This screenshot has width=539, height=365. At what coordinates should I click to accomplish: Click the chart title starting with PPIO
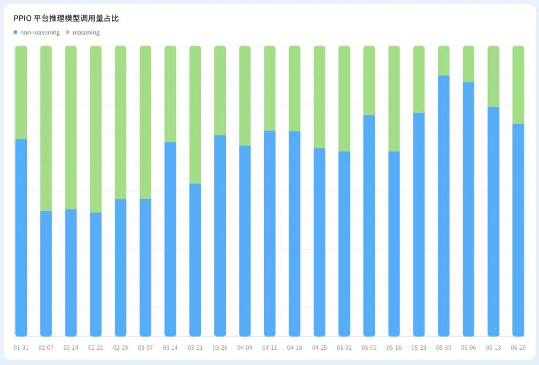(x=66, y=18)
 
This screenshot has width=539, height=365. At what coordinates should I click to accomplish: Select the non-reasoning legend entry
(x=39, y=33)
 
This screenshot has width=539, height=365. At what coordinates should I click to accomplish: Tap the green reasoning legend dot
(x=67, y=33)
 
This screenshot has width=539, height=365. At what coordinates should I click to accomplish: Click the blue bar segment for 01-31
(x=21, y=237)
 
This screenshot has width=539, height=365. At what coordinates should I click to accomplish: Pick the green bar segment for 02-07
(x=46, y=128)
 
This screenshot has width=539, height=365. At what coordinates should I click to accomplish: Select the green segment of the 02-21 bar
(x=96, y=129)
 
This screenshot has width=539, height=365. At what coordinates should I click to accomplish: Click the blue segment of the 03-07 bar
(x=145, y=267)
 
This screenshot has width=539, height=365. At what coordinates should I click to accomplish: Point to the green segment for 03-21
(x=195, y=114)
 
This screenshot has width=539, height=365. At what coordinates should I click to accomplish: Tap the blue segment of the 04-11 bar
(x=269, y=233)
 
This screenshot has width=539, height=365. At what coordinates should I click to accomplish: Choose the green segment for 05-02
(x=344, y=98)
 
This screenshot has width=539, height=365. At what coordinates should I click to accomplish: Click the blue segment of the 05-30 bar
(x=444, y=205)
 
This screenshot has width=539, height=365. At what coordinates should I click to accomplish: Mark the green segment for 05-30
(x=444, y=61)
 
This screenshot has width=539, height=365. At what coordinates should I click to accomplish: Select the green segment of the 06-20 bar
(x=518, y=85)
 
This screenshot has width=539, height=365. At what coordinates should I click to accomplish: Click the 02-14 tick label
(x=71, y=348)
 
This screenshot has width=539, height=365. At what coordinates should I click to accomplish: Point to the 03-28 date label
(x=220, y=348)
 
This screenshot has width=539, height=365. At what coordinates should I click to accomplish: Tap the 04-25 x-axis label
(x=320, y=348)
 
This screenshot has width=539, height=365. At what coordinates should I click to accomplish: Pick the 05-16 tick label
(x=394, y=348)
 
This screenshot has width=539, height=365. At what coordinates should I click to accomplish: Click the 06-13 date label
(x=494, y=348)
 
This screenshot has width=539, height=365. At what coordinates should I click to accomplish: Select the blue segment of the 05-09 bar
(x=369, y=225)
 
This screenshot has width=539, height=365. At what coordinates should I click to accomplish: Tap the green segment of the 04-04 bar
(x=245, y=95)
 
